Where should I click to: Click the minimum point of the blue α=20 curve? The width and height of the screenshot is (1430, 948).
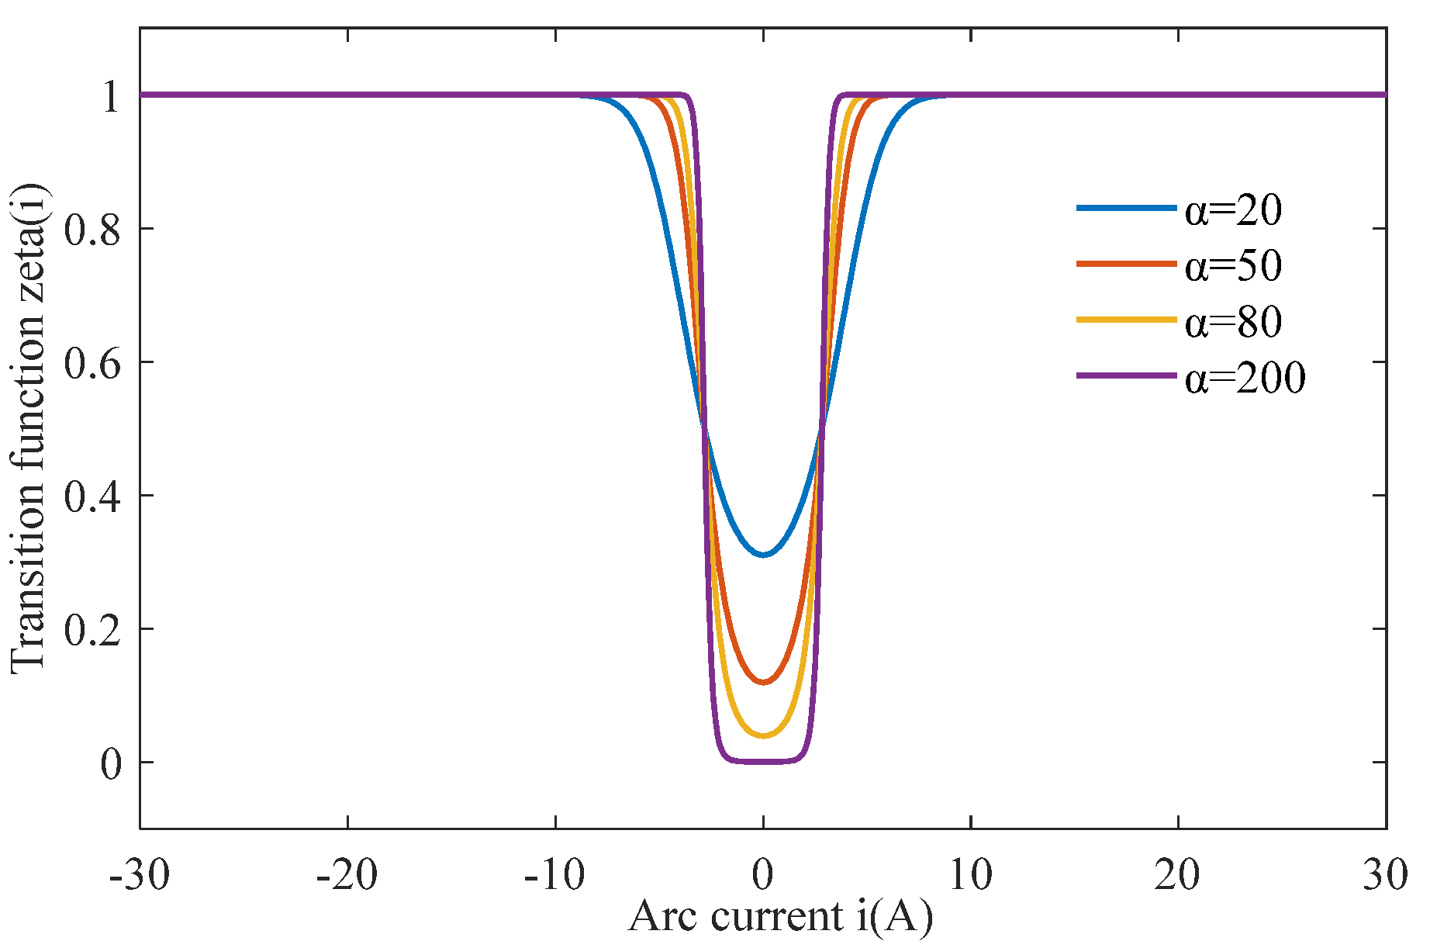point(763,555)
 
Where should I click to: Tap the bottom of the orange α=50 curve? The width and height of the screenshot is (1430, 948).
point(763,682)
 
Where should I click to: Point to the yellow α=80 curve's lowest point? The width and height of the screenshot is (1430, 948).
point(763,735)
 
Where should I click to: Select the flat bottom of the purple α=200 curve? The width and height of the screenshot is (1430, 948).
point(763,761)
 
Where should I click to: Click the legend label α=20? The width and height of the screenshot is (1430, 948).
point(1233,209)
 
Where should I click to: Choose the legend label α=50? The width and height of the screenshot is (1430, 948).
point(1233,265)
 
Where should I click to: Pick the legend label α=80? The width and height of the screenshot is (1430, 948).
point(1233,321)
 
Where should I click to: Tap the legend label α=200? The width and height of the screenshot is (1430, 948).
point(1245,377)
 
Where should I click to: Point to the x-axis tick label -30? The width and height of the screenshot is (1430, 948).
point(140,875)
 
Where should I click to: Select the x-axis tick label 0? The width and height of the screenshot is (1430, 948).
point(763,875)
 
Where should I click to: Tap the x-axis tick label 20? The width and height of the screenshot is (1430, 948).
point(1177,875)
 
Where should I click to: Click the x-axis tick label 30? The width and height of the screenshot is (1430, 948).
point(1385,875)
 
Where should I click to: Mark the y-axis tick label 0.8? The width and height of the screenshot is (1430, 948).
point(92,230)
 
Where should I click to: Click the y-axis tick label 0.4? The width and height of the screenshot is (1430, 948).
point(92,496)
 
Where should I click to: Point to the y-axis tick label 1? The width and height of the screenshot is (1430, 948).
point(112,96)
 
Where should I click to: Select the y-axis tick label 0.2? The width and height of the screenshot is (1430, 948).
point(92,630)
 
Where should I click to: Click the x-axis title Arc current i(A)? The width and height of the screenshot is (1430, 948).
point(780,917)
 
